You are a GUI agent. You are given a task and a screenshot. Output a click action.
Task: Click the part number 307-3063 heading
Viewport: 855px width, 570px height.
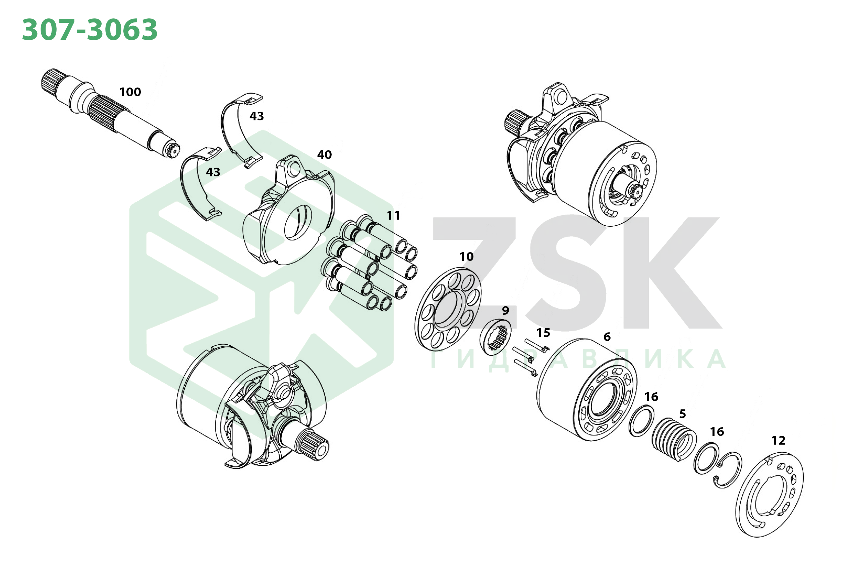point(90,30)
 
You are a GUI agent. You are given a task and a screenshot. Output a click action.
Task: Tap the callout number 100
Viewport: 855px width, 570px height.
point(130,92)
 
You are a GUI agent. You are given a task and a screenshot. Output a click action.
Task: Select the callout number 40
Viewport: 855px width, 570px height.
point(324,155)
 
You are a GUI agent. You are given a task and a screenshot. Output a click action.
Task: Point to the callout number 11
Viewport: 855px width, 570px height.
point(393,216)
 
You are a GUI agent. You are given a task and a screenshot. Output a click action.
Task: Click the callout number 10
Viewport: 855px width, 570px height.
point(466,256)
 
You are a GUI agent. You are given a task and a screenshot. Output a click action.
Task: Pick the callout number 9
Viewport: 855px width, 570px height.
point(505,310)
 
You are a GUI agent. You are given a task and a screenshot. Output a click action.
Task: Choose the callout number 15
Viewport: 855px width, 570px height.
point(543,333)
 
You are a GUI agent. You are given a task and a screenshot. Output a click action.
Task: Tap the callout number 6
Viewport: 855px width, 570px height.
point(607,337)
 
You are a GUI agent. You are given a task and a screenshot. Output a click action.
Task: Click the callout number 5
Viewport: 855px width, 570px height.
point(683,414)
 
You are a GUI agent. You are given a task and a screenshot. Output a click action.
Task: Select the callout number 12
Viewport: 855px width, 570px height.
point(778,441)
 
